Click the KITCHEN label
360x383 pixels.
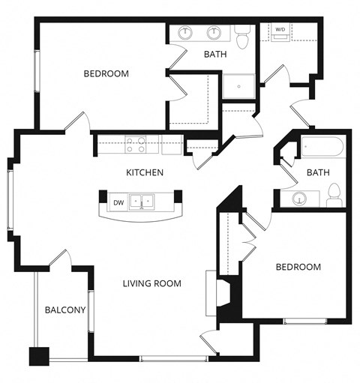click(145, 172)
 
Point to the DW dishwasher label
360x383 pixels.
click(118, 202)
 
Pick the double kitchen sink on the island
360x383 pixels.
click(142, 202)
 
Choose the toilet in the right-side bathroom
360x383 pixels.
click(334, 196)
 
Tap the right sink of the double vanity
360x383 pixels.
click(214, 32)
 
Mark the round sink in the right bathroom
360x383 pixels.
click(299, 199)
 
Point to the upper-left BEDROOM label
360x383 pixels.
click(106, 74)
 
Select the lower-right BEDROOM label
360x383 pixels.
click(298, 268)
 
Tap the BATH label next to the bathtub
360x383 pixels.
click(318, 173)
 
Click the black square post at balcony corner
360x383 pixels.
click(37, 357)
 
